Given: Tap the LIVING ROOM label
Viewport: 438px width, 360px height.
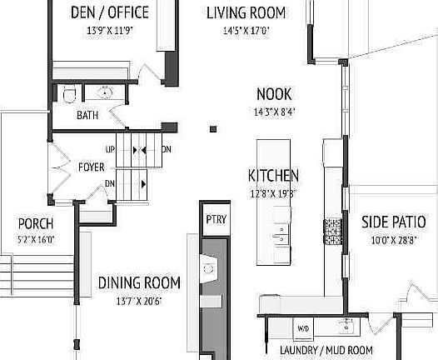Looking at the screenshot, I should tap(246, 12).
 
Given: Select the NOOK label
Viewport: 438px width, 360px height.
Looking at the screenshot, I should tap(274, 95).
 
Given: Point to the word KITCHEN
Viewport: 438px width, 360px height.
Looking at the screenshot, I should tap(273, 176).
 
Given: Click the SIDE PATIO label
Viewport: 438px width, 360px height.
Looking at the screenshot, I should tap(394, 222).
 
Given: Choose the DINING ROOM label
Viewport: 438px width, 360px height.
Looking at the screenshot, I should tap(140, 283).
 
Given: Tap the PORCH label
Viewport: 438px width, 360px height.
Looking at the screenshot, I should tap(36, 223).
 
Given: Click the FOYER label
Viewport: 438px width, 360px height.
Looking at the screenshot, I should tap(91, 167).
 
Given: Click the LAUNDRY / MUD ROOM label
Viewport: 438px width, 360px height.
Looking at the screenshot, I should tap(326, 351).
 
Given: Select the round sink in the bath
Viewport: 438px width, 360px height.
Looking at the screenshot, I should tap(107, 92).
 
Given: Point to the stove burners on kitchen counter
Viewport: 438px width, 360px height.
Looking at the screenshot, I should tap(332, 225).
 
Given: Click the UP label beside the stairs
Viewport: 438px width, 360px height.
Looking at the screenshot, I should tap(110, 150).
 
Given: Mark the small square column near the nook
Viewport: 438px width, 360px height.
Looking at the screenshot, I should tap(213, 128).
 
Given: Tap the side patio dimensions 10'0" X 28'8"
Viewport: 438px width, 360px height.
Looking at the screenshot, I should tap(394, 240).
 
